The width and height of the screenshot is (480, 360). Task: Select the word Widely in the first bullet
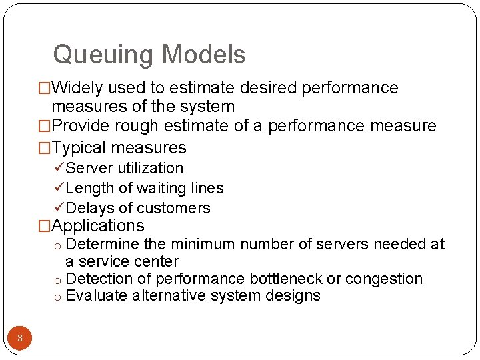78,88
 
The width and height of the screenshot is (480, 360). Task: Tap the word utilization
151,168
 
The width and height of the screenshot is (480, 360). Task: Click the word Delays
90,209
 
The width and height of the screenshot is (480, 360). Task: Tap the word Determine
103,245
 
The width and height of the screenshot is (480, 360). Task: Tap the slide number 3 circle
20,338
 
